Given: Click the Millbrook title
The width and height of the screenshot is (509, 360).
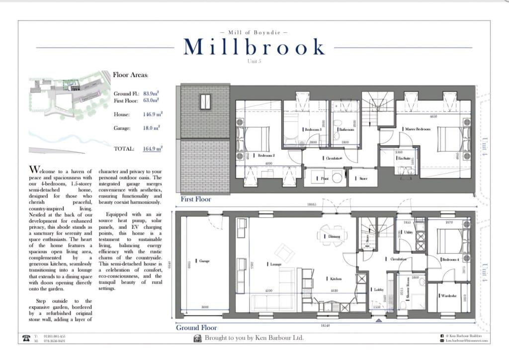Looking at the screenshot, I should pyautogui.click(x=254, y=47).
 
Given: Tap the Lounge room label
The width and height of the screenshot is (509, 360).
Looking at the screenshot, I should pyautogui.click(x=275, y=265).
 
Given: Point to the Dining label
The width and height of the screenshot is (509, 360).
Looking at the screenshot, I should pyautogui.click(x=334, y=237).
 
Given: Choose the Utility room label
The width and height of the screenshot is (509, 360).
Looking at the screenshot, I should pyautogui.click(x=409, y=232).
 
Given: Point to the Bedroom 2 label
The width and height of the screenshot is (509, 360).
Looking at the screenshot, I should pyautogui.click(x=266, y=155).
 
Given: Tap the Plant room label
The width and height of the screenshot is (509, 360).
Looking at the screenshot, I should pyautogui.click(x=324, y=178).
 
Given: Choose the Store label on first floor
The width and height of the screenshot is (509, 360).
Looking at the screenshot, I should pyautogui.click(x=363, y=178).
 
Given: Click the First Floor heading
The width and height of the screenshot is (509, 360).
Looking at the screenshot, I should pyautogui.click(x=196, y=199).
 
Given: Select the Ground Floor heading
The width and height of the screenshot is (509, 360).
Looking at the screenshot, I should pyautogui.click(x=196, y=328).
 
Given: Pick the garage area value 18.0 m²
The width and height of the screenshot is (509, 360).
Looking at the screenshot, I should pyautogui.click(x=153, y=128).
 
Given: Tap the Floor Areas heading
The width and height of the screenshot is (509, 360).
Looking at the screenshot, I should pyautogui.click(x=130, y=75).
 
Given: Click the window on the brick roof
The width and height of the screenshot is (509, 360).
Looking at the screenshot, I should pyautogui.click(x=205, y=101).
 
